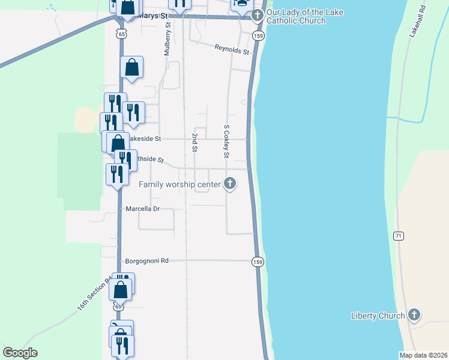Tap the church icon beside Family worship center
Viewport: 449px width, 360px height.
[x=229, y=184]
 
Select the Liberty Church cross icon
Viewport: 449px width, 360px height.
[x=414, y=315]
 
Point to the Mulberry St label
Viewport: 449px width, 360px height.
[x=167, y=39]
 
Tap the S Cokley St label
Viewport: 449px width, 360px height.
[x=226, y=142]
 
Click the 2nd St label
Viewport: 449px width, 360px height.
[x=194, y=142]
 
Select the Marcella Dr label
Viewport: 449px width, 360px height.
[x=142, y=209]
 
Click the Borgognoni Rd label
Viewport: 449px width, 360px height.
[x=147, y=261]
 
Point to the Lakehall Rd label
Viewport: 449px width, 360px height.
[x=417, y=22]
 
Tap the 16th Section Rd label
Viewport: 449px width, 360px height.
[x=93, y=294]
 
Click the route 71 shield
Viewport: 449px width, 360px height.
[x=398, y=236]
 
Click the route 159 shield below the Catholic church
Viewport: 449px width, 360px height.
[x=258, y=35]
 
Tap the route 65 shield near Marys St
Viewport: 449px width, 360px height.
[x=122, y=34]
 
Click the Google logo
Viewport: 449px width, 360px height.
[x=20, y=353]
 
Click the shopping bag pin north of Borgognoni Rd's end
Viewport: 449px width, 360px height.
[x=121, y=289]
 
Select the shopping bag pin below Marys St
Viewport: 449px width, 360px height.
[x=132, y=68]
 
